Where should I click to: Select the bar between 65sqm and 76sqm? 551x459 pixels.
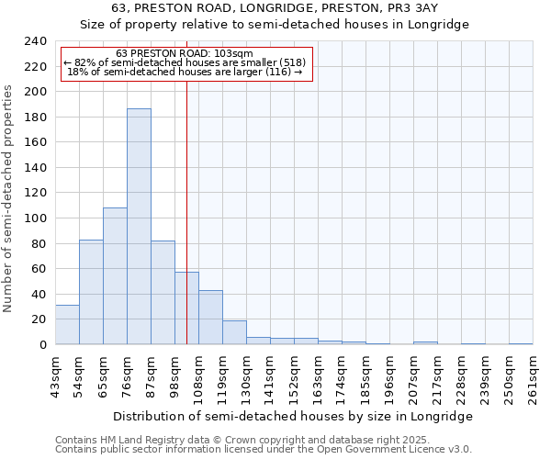point(115,276)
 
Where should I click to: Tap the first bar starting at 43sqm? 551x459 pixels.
point(67,325)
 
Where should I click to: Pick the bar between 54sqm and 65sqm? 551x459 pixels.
point(91,292)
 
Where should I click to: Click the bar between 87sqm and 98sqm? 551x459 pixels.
point(163,293)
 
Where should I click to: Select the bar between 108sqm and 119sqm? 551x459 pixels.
point(210,318)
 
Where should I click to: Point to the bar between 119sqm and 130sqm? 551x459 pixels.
point(234,332)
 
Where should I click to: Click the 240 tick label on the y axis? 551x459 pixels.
point(36,41)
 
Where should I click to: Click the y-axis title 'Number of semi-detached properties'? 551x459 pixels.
point(9,199)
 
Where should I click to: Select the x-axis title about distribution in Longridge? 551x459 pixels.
point(294,416)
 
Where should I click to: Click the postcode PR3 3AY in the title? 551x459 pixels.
point(418,7)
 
